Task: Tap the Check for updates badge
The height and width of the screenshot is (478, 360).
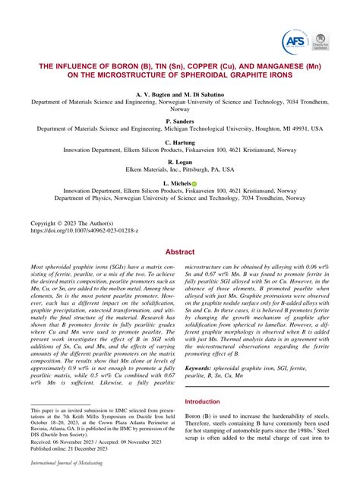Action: click(323, 40)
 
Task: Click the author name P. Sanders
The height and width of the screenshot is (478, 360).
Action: click(180, 121)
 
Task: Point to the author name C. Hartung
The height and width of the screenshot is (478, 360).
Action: click(180, 142)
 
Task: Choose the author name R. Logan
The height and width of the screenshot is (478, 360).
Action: click(180, 163)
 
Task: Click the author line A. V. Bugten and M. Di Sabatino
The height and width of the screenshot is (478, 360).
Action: click(180, 92)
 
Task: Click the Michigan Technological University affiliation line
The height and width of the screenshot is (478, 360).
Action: click(180, 129)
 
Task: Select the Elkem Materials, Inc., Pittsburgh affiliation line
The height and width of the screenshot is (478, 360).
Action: click(180, 171)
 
